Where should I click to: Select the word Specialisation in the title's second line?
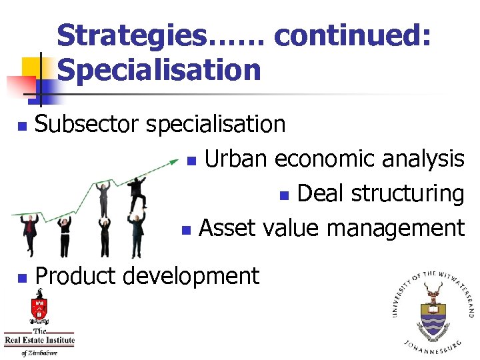(159, 70)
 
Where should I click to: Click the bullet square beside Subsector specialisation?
(22, 125)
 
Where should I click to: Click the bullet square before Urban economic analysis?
(191, 161)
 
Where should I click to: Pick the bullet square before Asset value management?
(186, 231)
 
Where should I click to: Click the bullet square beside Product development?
(22, 277)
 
